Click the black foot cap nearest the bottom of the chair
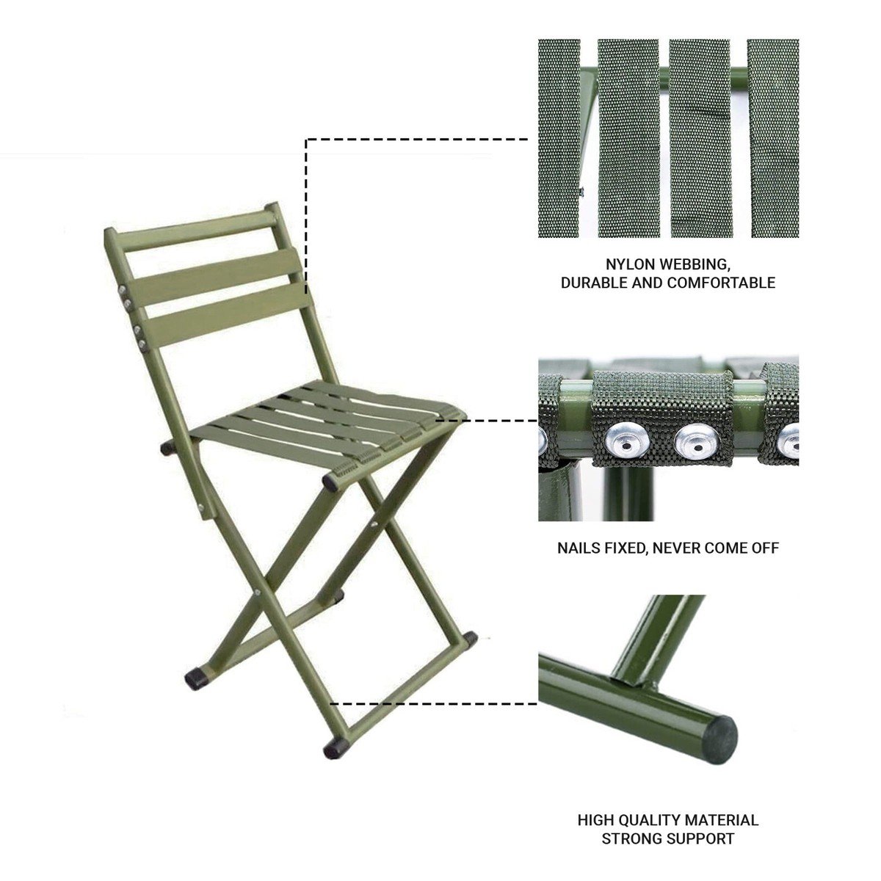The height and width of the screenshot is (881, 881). click(335, 749)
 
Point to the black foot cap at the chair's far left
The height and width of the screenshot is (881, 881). click(196, 679)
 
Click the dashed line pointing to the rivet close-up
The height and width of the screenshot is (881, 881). click(492, 421)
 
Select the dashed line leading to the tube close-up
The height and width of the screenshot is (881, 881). click(433, 703)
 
